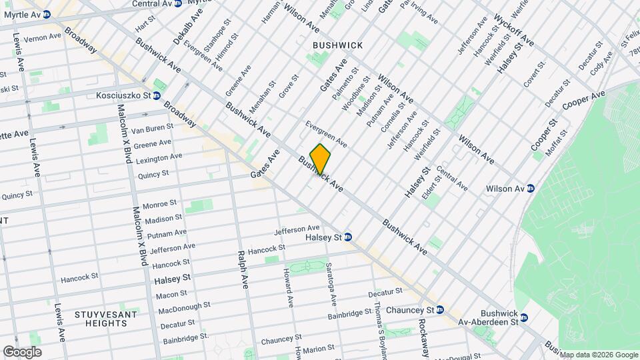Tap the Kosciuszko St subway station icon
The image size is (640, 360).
(156, 95)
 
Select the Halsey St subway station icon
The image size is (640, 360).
(347, 237)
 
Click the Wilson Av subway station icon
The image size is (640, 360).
(530, 189)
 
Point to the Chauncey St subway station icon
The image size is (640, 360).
(440, 310)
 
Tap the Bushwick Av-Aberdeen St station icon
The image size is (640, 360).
(524, 318)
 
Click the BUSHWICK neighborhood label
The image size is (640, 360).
(338, 45)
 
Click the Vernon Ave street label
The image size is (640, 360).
(37, 37)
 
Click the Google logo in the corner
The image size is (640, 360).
(22, 352)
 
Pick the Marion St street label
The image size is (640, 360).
(318, 349)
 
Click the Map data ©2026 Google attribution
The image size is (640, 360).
(599, 355)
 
